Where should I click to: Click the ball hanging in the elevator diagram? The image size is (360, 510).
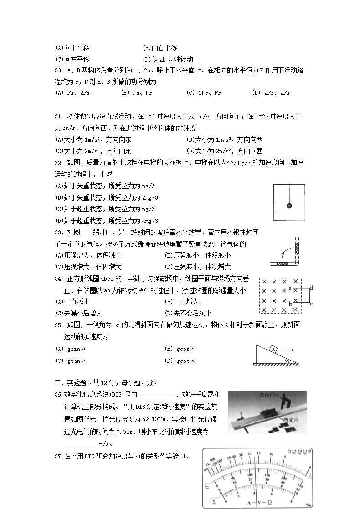click(x=289, y=206)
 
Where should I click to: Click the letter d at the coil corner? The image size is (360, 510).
click(x=311, y=288)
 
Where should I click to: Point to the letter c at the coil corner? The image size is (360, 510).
click(x=310, y=304)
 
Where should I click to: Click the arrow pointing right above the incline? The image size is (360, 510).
click(x=289, y=350)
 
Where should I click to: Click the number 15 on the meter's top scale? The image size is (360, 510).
click(x=258, y=453)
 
